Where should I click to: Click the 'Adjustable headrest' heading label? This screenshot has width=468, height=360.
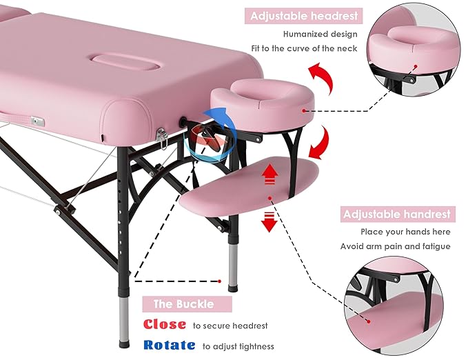pyautogui.click(x=304, y=15)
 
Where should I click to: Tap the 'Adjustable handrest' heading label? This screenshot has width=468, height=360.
pyautogui.click(x=397, y=214)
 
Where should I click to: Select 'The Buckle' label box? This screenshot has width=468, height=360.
pyautogui.click(x=183, y=303)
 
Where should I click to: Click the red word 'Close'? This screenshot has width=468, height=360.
pyautogui.click(x=164, y=325)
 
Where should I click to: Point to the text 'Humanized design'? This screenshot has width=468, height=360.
pyautogui.click(x=321, y=32)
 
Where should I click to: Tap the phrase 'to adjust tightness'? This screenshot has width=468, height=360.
pyautogui.click(x=238, y=346)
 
